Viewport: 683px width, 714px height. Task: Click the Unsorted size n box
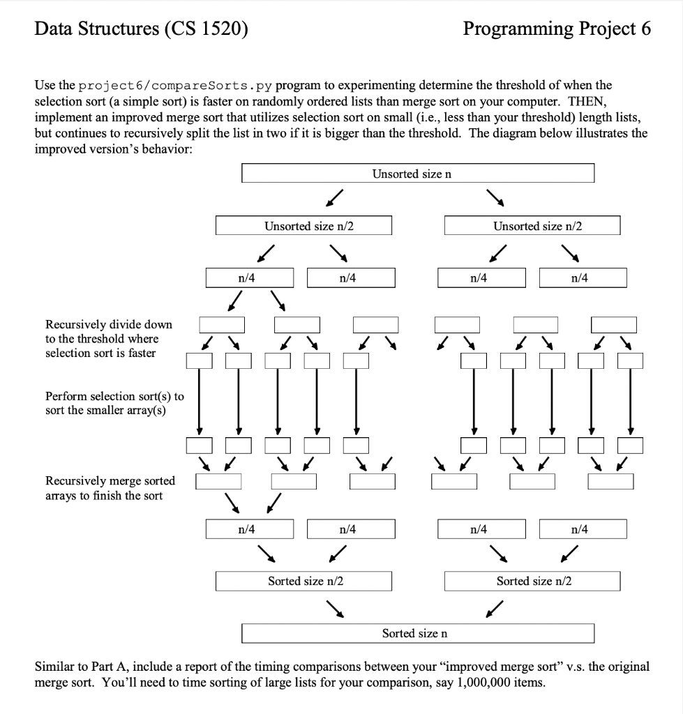click(417, 174)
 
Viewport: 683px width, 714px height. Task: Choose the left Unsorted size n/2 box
click(303, 226)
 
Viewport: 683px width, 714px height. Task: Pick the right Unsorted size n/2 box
click(532, 226)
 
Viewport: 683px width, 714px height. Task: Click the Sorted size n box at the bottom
click(417, 633)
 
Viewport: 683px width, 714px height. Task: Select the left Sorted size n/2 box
click(303, 581)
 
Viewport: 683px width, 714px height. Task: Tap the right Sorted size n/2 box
click(532, 581)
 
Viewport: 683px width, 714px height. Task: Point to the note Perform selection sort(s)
click(114, 402)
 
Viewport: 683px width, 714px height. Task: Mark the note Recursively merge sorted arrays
click(110, 488)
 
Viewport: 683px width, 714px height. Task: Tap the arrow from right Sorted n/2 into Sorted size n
click(494, 609)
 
